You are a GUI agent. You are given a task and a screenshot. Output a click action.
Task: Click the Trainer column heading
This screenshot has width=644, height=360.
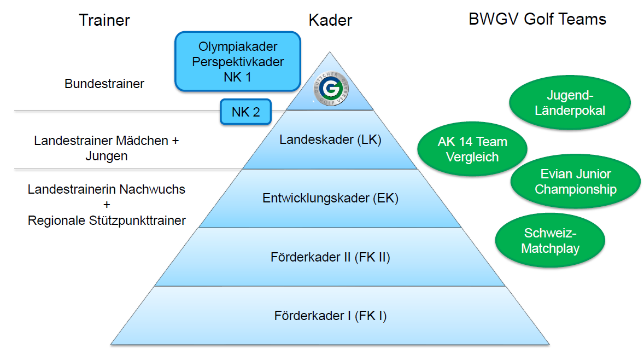point(104,21)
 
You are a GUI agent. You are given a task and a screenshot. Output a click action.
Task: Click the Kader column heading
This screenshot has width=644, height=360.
point(330,21)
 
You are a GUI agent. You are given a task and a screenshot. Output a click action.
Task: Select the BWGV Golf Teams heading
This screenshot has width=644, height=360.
point(537,20)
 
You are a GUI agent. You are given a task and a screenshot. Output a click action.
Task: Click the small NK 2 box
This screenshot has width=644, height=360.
point(245,112)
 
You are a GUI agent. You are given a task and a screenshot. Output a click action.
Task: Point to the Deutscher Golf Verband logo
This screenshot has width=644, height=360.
point(330,89)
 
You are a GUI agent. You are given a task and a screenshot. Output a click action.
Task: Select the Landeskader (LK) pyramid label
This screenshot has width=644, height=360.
point(330,140)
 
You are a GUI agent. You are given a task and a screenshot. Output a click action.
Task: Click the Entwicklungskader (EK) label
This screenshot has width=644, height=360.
point(330,198)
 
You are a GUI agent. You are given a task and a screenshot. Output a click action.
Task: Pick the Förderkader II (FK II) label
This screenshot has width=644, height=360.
point(330,257)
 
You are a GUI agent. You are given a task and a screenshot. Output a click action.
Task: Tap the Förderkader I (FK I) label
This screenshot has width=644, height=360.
point(330,316)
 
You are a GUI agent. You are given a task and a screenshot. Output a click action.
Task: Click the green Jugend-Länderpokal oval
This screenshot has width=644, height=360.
point(569,103)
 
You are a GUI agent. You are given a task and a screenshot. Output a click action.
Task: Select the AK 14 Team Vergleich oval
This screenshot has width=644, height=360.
point(472,149)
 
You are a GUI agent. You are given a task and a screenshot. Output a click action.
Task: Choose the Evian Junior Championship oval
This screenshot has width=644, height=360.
point(575,182)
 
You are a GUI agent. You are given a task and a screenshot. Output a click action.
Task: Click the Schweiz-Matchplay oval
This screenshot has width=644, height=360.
point(549,241)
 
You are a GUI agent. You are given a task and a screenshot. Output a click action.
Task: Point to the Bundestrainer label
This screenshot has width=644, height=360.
point(104,84)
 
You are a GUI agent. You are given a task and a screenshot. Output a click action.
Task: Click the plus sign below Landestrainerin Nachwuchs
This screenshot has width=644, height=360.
point(107,205)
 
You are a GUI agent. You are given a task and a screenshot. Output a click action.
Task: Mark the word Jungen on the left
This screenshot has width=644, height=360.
point(107,156)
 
